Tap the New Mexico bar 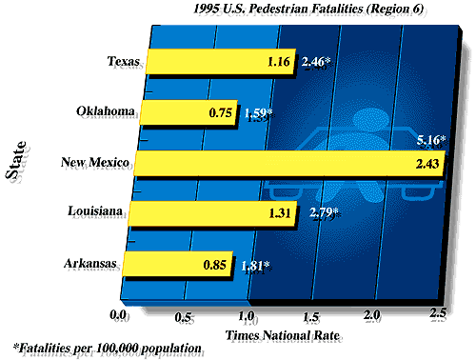tap(286, 163)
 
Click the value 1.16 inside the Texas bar tap(282, 65)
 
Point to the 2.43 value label tap(427, 164)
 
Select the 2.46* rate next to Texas tap(316, 65)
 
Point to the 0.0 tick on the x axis tap(119, 313)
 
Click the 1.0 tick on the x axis tap(246, 313)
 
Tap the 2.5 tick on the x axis tap(438, 313)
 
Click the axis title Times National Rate tap(277, 336)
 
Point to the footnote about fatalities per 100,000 tap(108, 349)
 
